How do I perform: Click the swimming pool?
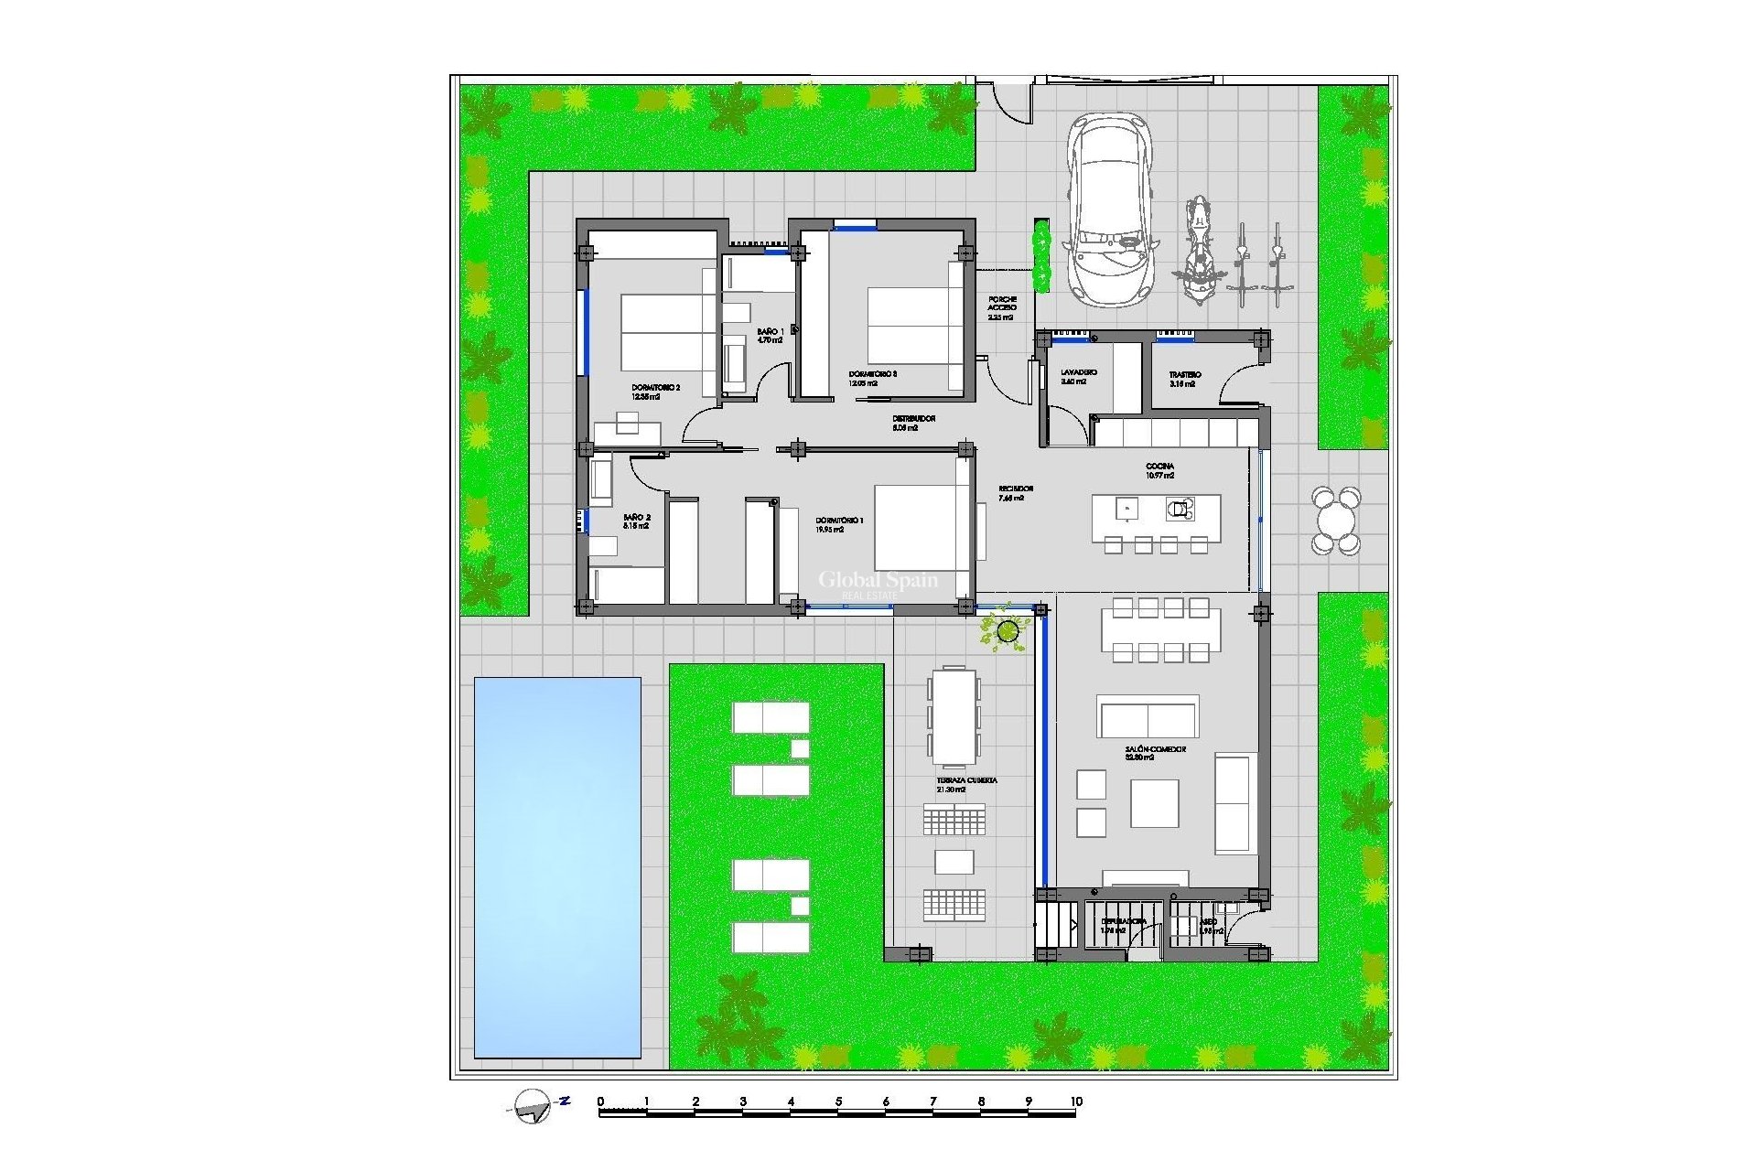click(x=557, y=866)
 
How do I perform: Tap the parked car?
click(x=1108, y=208)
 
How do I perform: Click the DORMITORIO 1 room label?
click(x=839, y=524)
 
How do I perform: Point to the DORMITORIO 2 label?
click(x=655, y=392)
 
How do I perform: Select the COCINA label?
click(x=1159, y=471)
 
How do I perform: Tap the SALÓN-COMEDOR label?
click(x=1155, y=753)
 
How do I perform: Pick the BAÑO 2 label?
click(x=635, y=521)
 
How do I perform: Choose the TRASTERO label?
click(x=1184, y=379)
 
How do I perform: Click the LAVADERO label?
click(x=1078, y=377)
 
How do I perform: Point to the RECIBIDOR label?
click(x=1016, y=493)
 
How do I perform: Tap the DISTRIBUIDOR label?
click(x=913, y=423)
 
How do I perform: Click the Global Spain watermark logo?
click(x=877, y=584)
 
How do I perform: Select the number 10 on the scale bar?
click(x=1075, y=1101)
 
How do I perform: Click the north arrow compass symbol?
click(x=533, y=1106)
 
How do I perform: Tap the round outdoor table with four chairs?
click(x=1335, y=521)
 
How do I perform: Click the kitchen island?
click(x=1156, y=518)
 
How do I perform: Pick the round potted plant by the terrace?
click(x=1008, y=630)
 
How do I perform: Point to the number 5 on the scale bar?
click(x=838, y=1101)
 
